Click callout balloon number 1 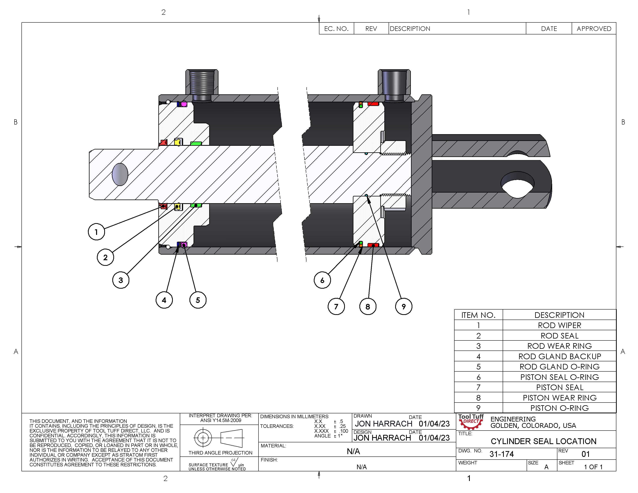[x=96, y=232]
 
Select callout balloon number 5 [x=198, y=300]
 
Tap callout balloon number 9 [x=403, y=306]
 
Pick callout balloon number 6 [x=322, y=280]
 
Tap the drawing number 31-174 [x=501, y=454]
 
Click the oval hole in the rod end [x=120, y=174]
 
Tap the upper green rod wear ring [x=196, y=143]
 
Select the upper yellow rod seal [x=177, y=142]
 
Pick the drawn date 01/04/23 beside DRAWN [x=434, y=424]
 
